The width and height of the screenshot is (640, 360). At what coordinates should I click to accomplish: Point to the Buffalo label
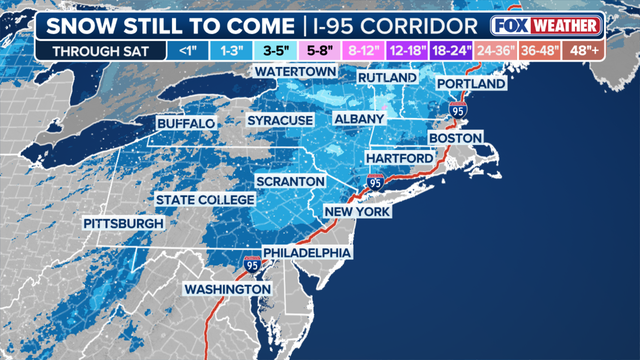(186, 123)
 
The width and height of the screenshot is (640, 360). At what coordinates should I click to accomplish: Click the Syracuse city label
(281, 120)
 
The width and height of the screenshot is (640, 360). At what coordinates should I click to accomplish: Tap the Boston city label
(455, 137)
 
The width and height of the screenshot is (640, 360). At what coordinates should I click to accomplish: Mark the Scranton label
(291, 181)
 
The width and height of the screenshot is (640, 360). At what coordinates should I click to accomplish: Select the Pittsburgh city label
(123, 223)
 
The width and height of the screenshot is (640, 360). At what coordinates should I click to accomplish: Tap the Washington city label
(227, 289)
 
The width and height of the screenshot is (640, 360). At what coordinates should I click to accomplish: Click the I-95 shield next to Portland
(457, 108)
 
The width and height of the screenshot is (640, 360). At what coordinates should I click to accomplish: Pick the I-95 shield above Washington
(249, 266)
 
